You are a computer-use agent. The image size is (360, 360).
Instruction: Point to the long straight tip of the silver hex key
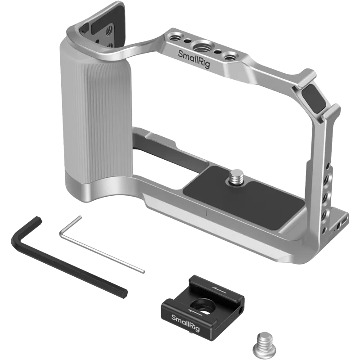(x=143, y=271)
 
